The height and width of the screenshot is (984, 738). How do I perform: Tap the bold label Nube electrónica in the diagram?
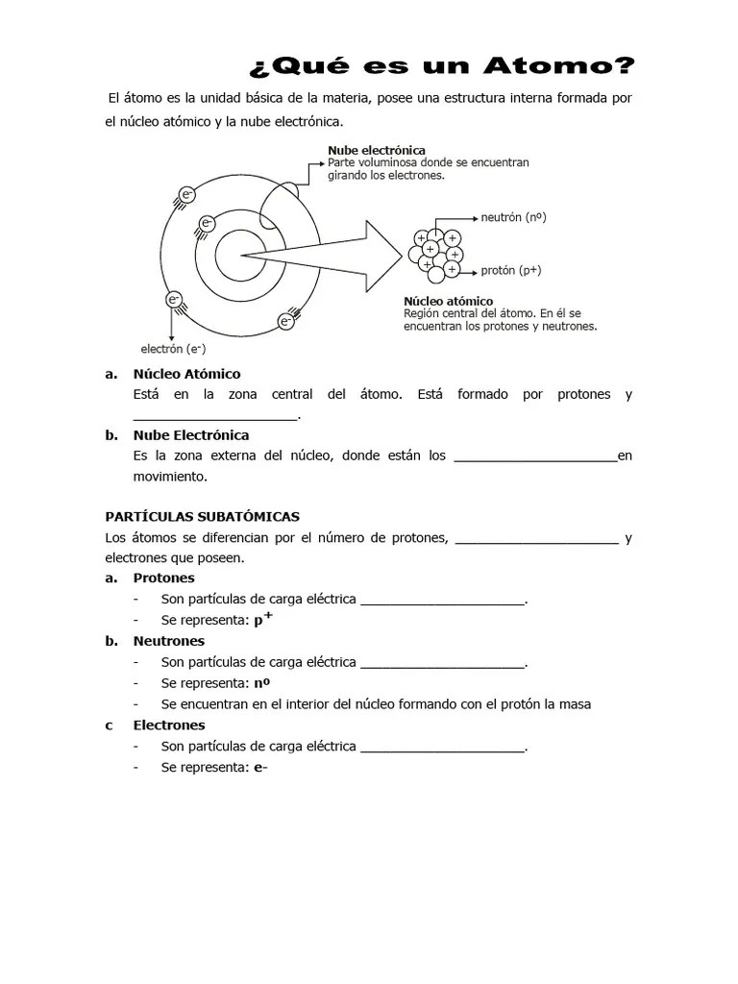coord(377,151)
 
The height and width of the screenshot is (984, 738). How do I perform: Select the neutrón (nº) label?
coord(514,217)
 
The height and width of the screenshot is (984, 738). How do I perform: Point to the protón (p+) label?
coord(510,270)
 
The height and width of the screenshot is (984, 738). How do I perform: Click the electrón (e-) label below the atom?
coord(174,348)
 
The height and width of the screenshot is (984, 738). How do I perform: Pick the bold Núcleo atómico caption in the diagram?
coord(448,301)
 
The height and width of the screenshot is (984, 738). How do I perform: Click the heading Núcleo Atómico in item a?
coord(186,374)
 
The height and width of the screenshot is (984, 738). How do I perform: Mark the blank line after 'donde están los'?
coord(534,457)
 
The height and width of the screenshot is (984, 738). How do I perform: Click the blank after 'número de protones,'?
coord(535,540)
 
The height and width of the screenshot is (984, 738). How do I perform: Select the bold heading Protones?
coord(163,578)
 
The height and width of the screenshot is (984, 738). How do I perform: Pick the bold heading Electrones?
coord(169,726)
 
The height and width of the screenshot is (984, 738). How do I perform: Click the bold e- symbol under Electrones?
coord(259,768)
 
